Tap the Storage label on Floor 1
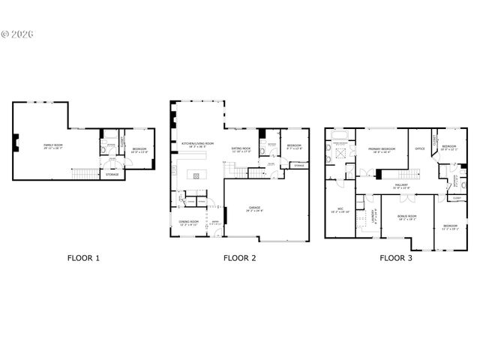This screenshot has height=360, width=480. click(112, 174)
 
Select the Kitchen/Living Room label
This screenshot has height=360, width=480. click(198, 143)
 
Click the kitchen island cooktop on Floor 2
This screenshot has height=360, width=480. click(196, 176)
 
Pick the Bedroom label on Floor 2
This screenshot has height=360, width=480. click(294, 145)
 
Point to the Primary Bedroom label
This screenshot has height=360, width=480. click(381, 149)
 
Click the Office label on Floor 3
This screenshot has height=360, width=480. click(420, 149)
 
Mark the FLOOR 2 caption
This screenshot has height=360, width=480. click(239, 258)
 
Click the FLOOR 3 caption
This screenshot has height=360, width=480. click(395, 258)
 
